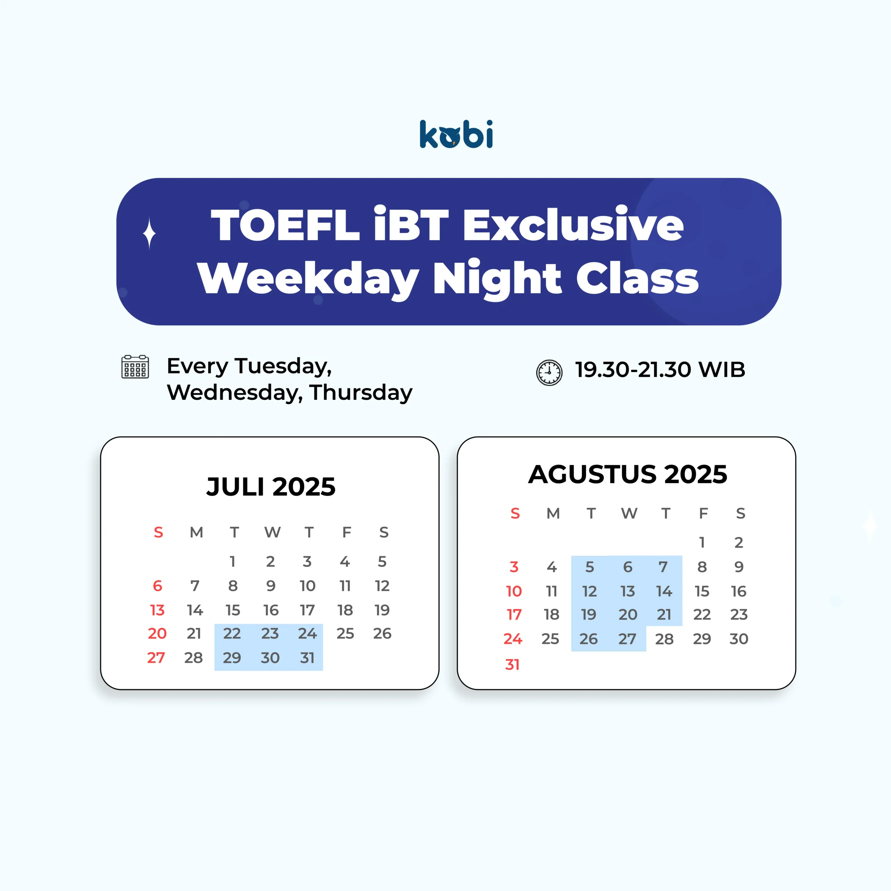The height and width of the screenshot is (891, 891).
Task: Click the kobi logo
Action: click(x=456, y=134)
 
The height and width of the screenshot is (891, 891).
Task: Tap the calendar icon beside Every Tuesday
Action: click(x=135, y=366)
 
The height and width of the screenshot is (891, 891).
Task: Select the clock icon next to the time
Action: click(x=549, y=373)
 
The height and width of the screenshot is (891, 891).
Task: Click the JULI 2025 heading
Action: click(x=271, y=487)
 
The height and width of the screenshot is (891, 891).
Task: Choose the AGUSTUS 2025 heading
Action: click(x=627, y=474)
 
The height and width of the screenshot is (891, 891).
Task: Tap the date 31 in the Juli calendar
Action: click(x=307, y=658)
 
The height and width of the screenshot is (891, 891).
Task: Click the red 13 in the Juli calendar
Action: click(x=157, y=610)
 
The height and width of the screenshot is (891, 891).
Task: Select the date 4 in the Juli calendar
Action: click(x=345, y=561)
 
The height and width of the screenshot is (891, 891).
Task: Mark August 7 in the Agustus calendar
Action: click(x=663, y=567)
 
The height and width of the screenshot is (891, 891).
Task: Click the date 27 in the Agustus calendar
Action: click(x=627, y=639)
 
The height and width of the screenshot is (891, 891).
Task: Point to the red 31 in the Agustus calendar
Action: click(x=512, y=664)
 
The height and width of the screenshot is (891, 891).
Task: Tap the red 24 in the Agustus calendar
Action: click(x=513, y=639)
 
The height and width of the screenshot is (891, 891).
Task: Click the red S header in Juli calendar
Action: click(x=158, y=533)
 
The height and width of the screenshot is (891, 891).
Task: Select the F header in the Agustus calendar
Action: click(x=703, y=513)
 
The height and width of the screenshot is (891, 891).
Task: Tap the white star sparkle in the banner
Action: click(x=149, y=233)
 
